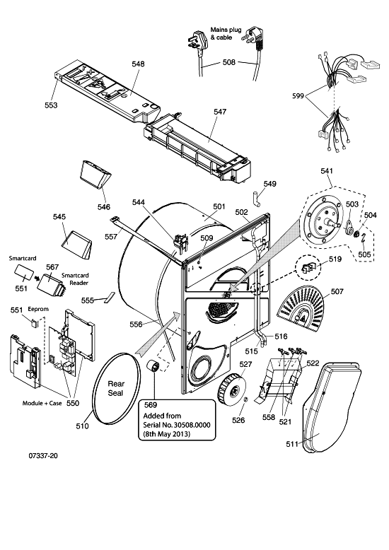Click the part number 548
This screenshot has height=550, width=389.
[138, 64]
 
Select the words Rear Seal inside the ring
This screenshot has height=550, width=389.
[116, 388]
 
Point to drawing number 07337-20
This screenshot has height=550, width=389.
[44, 456]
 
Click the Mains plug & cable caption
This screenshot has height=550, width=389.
[226, 33]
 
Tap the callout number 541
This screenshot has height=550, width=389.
[327, 171]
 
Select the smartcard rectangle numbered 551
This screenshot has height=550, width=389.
[25, 271]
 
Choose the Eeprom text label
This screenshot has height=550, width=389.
[38, 309]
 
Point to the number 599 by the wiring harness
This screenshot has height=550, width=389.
[298, 95]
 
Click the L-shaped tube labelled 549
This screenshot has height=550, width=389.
[257, 198]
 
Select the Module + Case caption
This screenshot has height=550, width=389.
[42, 403]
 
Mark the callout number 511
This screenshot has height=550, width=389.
[292, 444]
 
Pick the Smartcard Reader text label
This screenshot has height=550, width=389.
[75, 279]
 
